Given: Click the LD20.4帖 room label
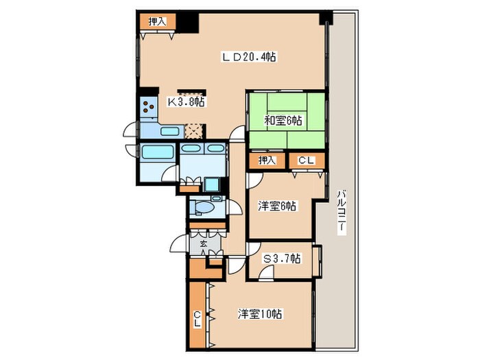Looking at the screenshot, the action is [x=249, y=57].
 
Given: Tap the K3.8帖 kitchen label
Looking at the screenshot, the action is [x=186, y=101].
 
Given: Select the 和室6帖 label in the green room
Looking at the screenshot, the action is [x=283, y=121].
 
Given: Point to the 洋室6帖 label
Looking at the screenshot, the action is [x=277, y=206].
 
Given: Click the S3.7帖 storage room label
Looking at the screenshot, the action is [x=282, y=259].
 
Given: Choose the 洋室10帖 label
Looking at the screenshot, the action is [x=260, y=314].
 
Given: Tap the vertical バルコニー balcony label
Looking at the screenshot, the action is [x=342, y=213].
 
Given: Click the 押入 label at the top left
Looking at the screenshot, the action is [x=157, y=21].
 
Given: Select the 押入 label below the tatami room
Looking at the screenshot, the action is [x=267, y=160].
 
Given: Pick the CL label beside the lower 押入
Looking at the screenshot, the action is [x=306, y=160].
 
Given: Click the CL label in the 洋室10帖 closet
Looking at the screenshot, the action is [x=197, y=319].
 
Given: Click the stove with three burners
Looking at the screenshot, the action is [x=149, y=106].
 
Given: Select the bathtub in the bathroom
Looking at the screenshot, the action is [x=157, y=152].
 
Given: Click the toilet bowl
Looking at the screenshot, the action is [x=204, y=208].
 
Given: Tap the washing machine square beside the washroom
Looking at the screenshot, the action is [x=211, y=184].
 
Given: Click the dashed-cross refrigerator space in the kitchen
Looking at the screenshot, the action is [x=194, y=131].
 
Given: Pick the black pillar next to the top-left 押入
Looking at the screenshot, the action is [x=188, y=23].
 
